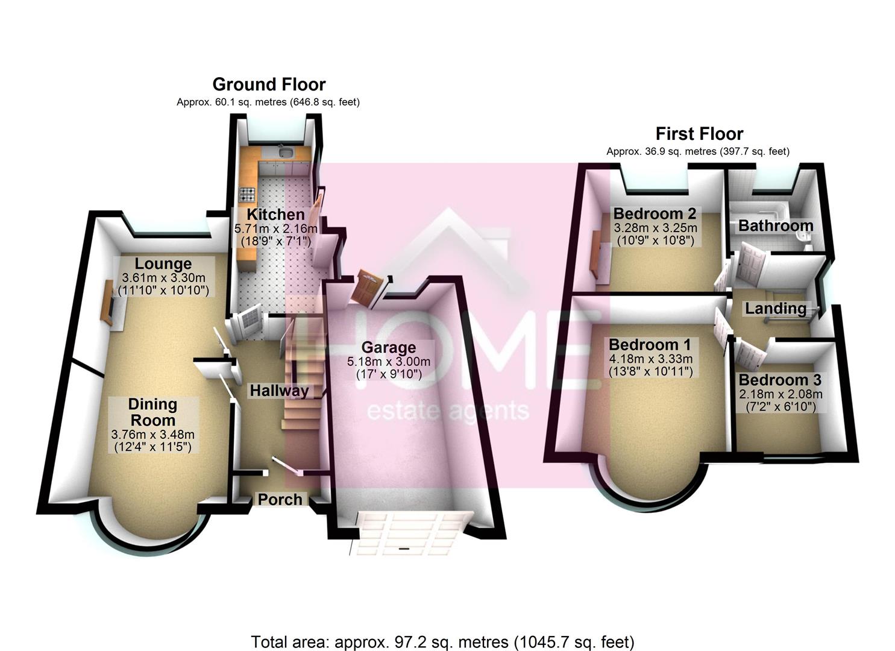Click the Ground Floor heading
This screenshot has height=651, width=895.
pyautogui.click(x=269, y=84)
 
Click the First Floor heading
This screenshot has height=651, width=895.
pyautogui.click(x=699, y=134)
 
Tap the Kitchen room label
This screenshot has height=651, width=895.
pyautogui.click(x=275, y=215)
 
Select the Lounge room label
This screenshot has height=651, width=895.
pyautogui.click(x=163, y=264)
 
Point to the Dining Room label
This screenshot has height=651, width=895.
pyautogui.click(x=152, y=412)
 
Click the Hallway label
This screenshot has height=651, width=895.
pyautogui.click(x=279, y=391)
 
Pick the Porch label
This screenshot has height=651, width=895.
pyautogui.click(x=280, y=499)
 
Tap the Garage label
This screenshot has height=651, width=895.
pyautogui.click(x=389, y=347)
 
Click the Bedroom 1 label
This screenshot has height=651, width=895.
pyautogui.click(x=650, y=345)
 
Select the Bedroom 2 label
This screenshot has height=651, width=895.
pyautogui.click(x=655, y=213)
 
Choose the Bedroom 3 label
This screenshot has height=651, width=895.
pyautogui.click(x=780, y=380)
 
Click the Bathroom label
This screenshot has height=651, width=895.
pyautogui.click(x=776, y=225)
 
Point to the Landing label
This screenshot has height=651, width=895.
pyautogui.click(x=776, y=309)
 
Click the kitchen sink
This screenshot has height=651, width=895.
pyautogui.click(x=284, y=151)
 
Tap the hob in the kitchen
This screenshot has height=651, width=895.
pyautogui.click(x=248, y=195)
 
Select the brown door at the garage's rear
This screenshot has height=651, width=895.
pyautogui.click(x=365, y=288)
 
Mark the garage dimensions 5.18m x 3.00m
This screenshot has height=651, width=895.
pyautogui.click(x=389, y=362)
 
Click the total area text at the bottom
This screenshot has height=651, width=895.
pyautogui.click(x=442, y=642)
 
